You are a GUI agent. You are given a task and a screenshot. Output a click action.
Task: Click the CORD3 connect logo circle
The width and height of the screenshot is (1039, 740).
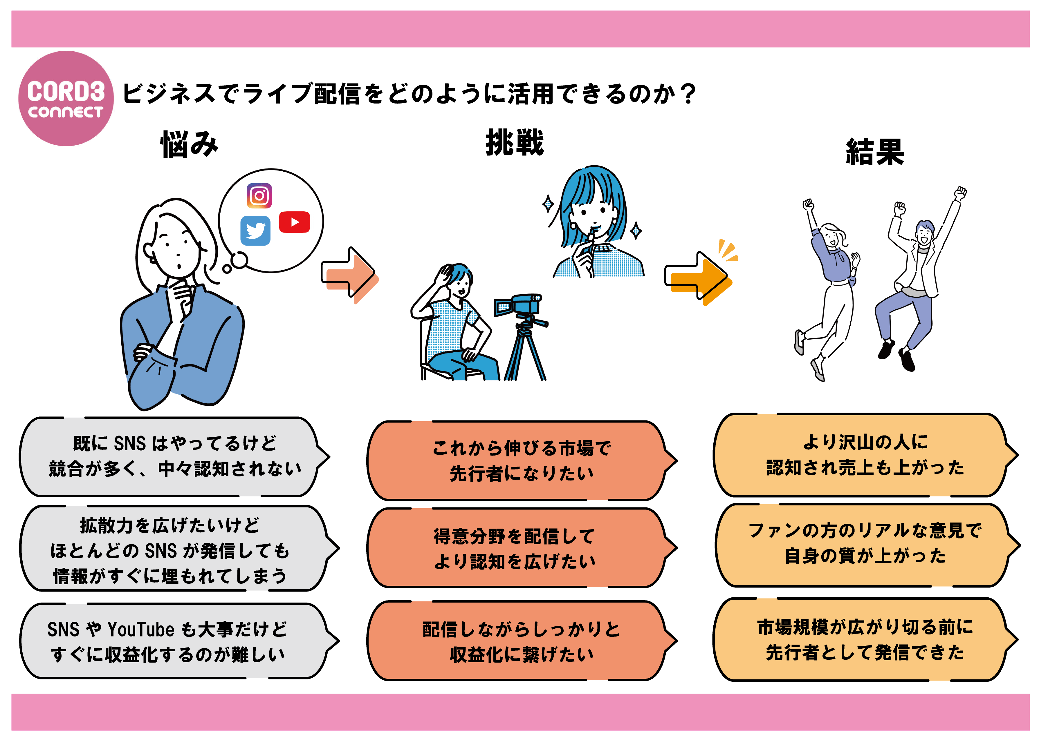(66, 98)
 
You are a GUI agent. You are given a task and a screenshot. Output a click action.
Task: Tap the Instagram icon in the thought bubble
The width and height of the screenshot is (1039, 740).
(259, 196)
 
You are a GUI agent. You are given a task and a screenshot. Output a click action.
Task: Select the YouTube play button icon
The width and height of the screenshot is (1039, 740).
(294, 222)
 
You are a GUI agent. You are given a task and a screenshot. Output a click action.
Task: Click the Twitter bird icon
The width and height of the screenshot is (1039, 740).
(255, 231)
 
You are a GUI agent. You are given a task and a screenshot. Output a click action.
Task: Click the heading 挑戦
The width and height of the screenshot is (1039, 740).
(515, 142)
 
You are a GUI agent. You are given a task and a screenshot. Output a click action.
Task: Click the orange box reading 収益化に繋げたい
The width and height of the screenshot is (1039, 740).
(520, 641)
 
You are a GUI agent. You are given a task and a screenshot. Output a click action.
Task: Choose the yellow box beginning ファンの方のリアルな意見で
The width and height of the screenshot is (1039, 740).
(864, 545)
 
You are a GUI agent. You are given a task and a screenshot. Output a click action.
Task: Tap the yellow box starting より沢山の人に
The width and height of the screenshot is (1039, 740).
(864, 455)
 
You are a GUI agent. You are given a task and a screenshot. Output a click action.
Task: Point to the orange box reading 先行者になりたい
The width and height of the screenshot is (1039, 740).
(520, 460)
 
